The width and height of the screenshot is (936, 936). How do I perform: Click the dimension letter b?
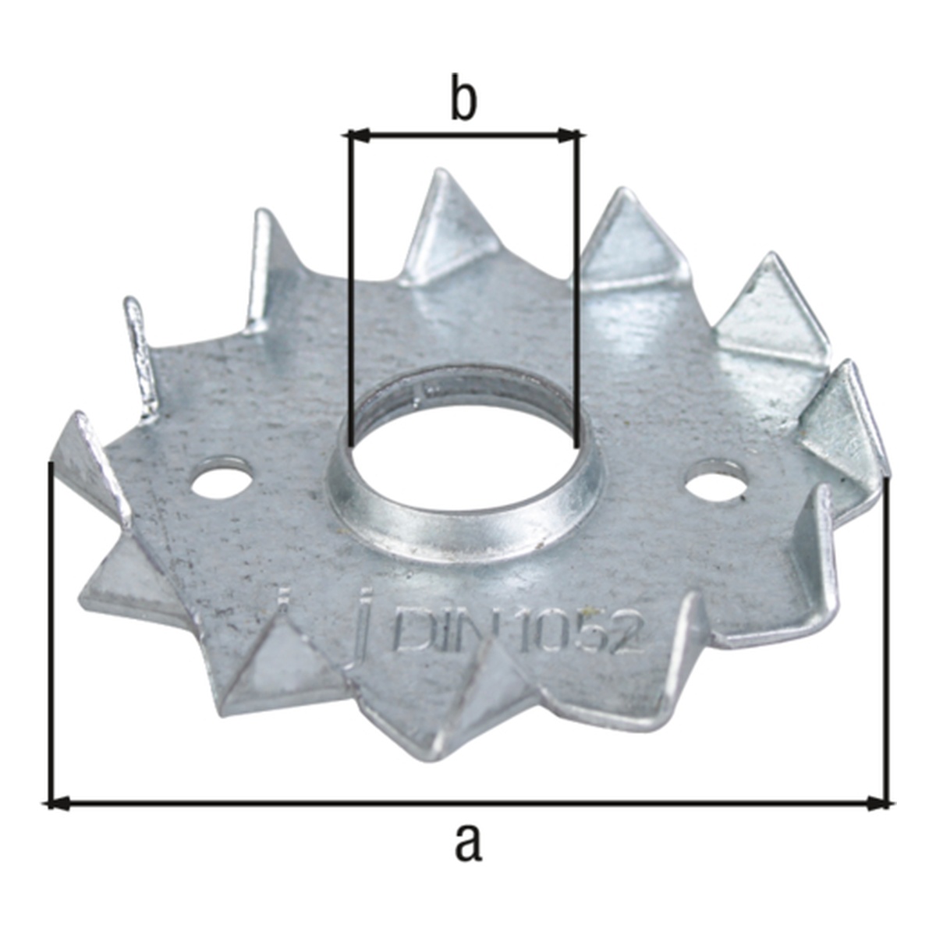click(x=464, y=97)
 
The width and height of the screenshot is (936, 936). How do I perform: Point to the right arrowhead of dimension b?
click(x=569, y=136)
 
